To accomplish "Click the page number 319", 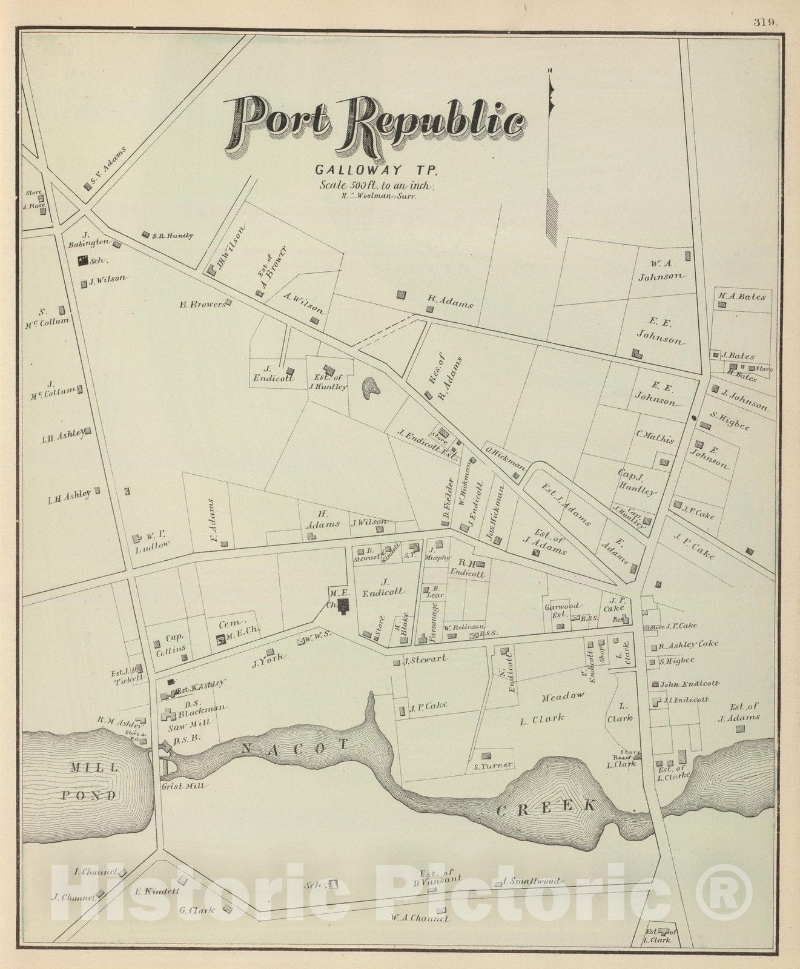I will pos(765,22).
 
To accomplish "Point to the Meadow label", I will pos(563,695).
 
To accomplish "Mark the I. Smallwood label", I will pos(531,881).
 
